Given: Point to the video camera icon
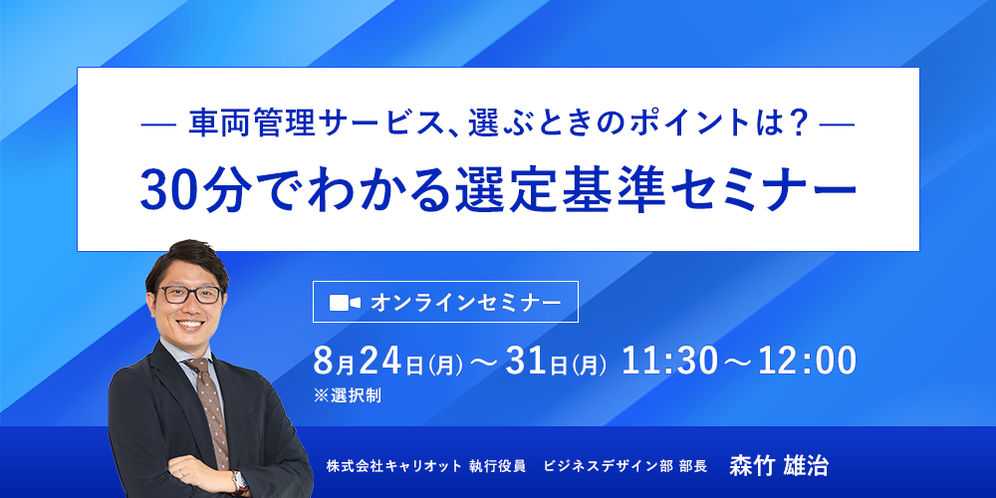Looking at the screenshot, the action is (x=345, y=303).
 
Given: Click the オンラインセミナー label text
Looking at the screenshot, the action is (x=466, y=303).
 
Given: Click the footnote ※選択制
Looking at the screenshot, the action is (x=348, y=396).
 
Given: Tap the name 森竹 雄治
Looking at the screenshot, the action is (x=779, y=466).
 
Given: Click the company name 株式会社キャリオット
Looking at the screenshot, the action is (x=393, y=467).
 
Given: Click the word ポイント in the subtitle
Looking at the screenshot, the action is (x=694, y=122).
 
